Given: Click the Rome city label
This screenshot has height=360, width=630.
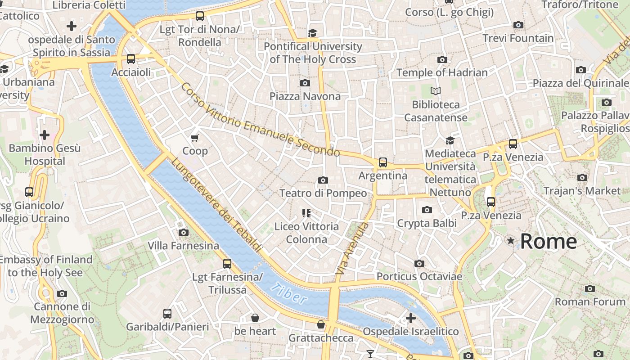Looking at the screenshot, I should click(548, 241).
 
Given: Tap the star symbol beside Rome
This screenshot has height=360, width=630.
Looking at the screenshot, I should click(510, 241).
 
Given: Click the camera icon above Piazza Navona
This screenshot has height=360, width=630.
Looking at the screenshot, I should click(305, 83).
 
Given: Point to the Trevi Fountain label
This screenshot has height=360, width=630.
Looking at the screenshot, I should click(518, 38).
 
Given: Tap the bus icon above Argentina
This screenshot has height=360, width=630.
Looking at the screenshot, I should click(382, 162).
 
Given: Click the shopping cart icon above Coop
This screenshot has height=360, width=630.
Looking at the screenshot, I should click(195, 138).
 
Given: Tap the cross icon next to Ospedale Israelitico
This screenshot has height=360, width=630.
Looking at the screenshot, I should click(410, 318).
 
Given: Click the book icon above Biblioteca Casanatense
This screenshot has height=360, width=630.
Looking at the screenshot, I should click(435, 91).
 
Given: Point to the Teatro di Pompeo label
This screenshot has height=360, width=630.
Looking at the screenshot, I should click(323, 193).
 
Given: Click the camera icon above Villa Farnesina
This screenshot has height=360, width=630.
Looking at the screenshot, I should click(183, 232).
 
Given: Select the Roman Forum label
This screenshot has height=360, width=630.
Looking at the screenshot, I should click(590, 301).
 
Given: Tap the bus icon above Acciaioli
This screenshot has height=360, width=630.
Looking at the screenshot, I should click(130, 58).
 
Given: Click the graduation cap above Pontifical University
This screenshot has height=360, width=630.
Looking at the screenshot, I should click(312, 33).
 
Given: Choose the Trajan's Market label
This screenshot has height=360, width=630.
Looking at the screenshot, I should click(582, 190).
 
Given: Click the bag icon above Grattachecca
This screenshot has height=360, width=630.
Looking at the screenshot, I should click(321, 324).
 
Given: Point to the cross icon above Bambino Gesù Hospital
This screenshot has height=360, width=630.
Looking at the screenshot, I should click(45, 135).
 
